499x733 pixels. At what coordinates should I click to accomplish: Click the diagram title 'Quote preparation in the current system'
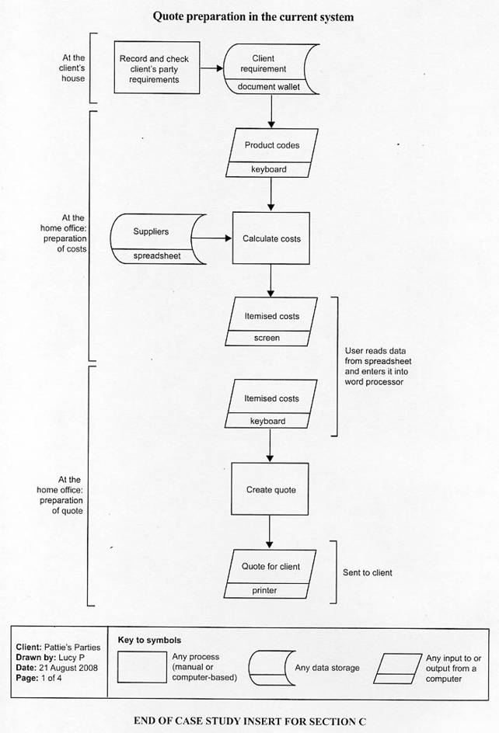[x=253, y=17]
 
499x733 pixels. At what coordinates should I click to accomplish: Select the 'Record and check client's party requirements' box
[x=157, y=68]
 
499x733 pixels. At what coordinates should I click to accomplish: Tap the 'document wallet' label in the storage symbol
[x=268, y=86]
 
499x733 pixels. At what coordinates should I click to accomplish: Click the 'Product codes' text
[x=272, y=145]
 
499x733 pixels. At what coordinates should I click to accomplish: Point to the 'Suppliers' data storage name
[x=151, y=231]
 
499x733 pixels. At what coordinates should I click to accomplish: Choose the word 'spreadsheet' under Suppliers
[x=157, y=255]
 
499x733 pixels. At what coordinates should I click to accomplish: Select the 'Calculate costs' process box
[x=271, y=238]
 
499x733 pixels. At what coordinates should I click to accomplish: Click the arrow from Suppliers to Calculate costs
[x=211, y=238]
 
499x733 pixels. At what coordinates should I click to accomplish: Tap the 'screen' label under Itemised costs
[x=267, y=338]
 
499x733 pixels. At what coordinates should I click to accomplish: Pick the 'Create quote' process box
[x=270, y=489]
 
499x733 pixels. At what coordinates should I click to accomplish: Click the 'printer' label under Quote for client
[x=264, y=590]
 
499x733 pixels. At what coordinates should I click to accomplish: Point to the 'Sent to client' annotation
[x=368, y=573]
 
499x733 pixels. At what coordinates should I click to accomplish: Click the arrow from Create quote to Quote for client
[x=269, y=532]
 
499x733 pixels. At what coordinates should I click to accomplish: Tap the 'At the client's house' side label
[x=73, y=68]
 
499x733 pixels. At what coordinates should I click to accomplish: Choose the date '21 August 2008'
[x=68, y=668]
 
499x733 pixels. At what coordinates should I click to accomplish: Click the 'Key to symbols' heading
[x=149, y=640]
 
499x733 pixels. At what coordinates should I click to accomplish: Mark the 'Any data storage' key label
[x=327, y=668]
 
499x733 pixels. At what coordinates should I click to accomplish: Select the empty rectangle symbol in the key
[x=142, y=667]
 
